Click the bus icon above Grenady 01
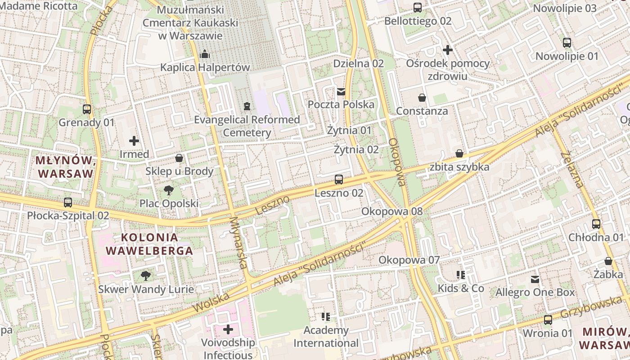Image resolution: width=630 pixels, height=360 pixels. click(x=87, y=109)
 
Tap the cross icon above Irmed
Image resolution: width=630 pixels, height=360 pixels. click(x=134, y=141)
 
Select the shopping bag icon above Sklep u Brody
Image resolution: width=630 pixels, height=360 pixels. click(x=179, y=158)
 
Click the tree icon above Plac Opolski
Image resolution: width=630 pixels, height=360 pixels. click(x=169, y=190)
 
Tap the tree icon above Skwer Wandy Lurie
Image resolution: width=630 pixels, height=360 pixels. click(x=146, y=276)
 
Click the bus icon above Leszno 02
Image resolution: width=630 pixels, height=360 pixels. click(x=339, y=180)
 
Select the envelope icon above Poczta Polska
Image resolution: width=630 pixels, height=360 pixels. click(x=341, y=92)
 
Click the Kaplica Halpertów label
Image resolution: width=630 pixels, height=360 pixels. click(x=205, y=67)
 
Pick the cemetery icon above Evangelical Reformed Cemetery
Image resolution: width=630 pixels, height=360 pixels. click(x=247, y=106)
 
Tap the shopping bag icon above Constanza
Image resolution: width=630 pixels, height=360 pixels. click(x=422, y=98)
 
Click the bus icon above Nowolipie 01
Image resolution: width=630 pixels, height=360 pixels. click(x=567, y=43)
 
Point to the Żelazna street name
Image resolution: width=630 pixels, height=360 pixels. click(x=572, y=170)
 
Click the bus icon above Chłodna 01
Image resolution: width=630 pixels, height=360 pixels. click(x=596, y=224)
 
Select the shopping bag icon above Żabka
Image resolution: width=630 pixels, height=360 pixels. click(x=608, y=261)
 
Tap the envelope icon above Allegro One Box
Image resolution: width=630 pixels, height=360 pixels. click(x=535, y=279)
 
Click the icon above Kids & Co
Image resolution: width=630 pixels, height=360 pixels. click(x=461, y=275)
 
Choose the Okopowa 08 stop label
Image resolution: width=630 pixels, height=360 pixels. click(x=392, y=211)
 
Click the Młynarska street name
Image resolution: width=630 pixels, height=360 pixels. click(x=239, y=243)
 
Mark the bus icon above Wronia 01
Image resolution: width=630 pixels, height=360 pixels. click(x=548, y=320)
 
